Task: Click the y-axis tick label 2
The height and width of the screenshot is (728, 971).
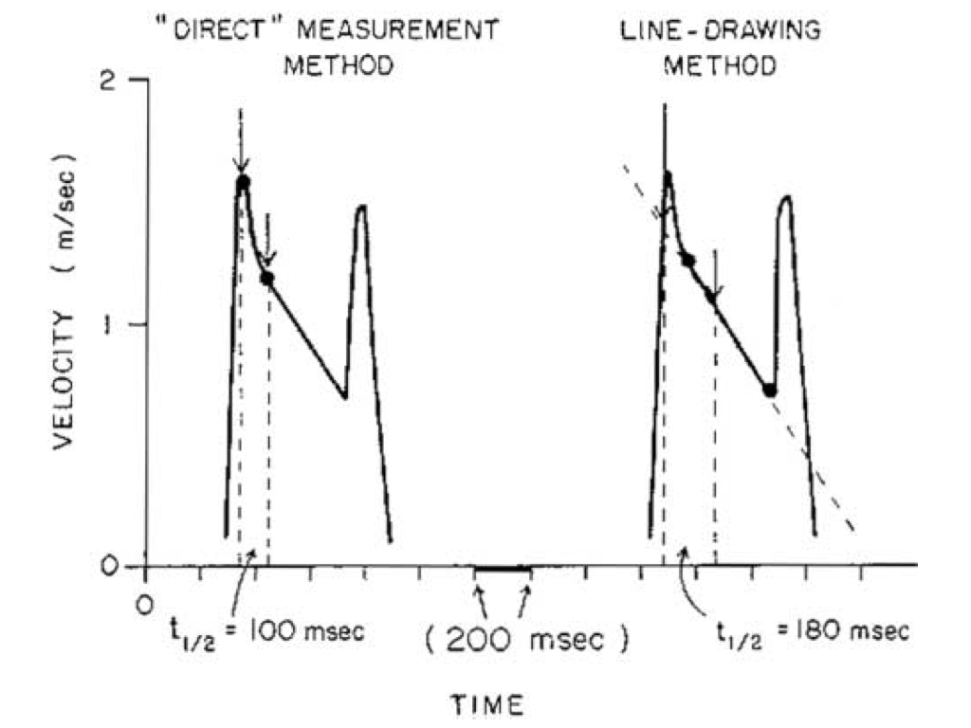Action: (110, 82)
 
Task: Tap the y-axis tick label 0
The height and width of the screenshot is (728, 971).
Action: (110, 566)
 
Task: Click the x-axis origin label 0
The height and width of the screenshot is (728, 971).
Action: (144, 604)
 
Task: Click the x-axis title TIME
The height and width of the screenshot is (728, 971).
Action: (485, 703)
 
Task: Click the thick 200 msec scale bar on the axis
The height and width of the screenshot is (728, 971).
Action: (503, 568)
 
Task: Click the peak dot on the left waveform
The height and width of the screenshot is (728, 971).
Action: (243, 181)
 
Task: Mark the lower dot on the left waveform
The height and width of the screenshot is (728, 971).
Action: (267, 278)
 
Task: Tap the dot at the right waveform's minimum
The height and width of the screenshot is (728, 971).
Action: (770, 390)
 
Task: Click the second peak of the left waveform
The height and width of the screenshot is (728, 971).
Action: (360, 207)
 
